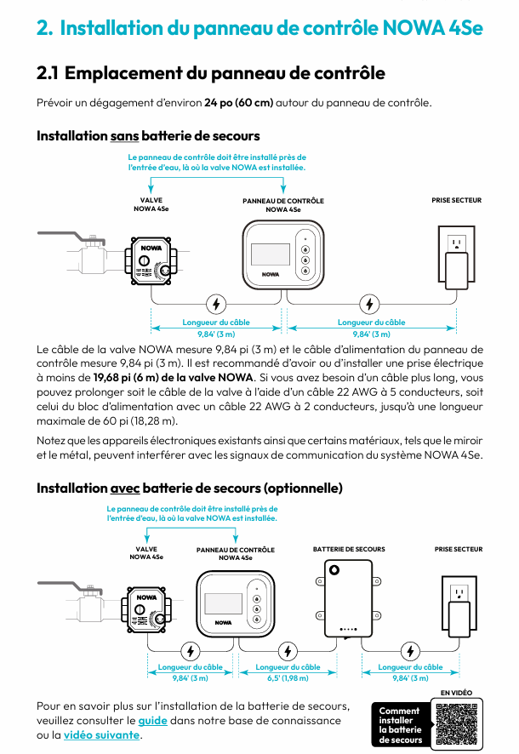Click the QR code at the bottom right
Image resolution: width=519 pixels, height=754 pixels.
tap(455, 723)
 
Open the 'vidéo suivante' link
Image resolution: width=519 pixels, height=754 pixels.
tap(101, 734)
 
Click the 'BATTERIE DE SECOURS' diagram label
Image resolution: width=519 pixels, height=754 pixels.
tap(349, 550)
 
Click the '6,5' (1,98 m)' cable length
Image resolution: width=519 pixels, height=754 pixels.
tap(288, 678)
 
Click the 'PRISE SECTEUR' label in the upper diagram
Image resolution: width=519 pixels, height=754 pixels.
tap(457, 201)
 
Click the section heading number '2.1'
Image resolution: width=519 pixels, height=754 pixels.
tap(48, 73)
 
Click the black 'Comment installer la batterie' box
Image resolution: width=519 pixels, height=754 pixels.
tap(400, 725)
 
